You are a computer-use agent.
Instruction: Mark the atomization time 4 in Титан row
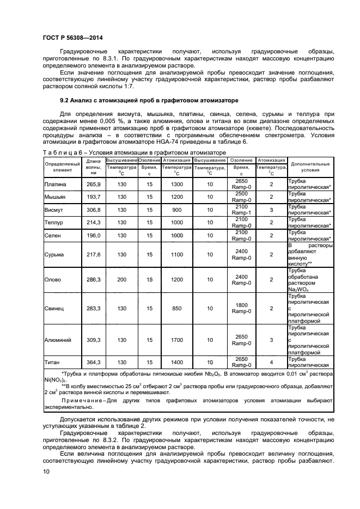272,361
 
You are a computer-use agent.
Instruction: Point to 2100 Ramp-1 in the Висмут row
241,210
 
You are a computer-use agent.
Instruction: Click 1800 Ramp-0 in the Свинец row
241,309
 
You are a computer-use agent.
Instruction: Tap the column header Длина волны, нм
94,168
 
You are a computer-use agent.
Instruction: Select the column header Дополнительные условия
310,167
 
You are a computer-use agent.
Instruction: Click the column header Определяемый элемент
62,167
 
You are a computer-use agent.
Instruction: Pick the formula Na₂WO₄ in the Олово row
298,290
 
